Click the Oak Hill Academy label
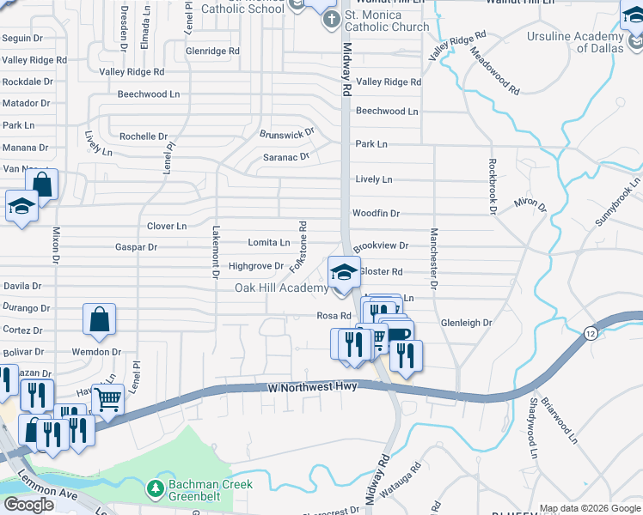(x=281, y=288)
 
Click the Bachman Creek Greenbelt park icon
(x=156, y=489)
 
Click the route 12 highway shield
(x=589, y=333)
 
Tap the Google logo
(x=28, y=505)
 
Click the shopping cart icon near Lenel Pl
(x=108, y=398)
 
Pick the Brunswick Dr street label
(x=287, y=135)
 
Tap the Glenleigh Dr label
(x=465, y=323)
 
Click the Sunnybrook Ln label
(x=620, y=202)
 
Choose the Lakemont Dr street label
(x=214, y=252)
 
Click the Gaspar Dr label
(x=136, y=247)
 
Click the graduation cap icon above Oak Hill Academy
(x=344, y=273)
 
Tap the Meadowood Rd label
(x=494, y=71)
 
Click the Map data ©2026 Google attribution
(x=590, y=508)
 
